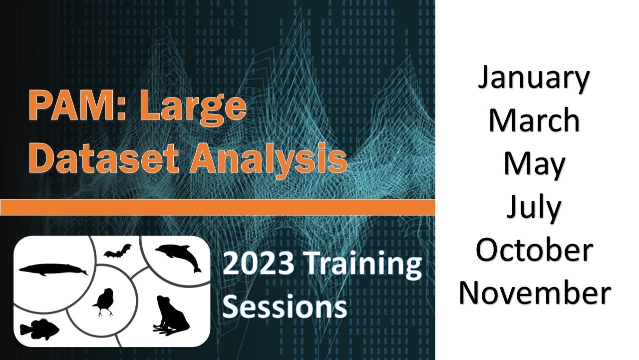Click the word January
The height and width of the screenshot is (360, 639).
(x=534, y=79)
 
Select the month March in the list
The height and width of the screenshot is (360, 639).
(x=534, y=120)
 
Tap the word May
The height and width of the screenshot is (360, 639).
(x=534, y=165)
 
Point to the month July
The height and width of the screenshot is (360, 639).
(x=534, y=207)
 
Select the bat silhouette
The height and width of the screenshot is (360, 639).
(x=118, y=250)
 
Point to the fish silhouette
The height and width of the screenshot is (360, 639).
(x=39, y=329)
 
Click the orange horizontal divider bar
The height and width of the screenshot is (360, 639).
(x=217, y=207)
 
